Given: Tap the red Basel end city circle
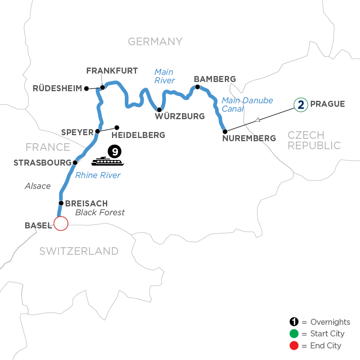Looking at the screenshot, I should point(61,224).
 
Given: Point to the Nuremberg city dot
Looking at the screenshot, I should point(225,131).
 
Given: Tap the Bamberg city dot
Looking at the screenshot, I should point(197,87).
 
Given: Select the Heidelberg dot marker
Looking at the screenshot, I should point(117,128).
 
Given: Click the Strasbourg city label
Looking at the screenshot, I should point(42,163).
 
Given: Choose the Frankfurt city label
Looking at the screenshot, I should point(112,71).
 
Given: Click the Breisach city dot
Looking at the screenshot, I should point(61,203).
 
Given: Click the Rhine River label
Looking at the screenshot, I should point(98,175).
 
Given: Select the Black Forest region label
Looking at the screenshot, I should point(100,212).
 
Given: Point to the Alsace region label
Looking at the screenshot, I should point(38,186).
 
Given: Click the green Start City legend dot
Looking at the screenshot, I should point(295,334).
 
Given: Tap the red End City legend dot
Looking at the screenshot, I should point(295,345).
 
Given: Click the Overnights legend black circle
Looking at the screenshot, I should point(295,322).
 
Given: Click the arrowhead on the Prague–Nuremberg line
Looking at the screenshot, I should point(258,119).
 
